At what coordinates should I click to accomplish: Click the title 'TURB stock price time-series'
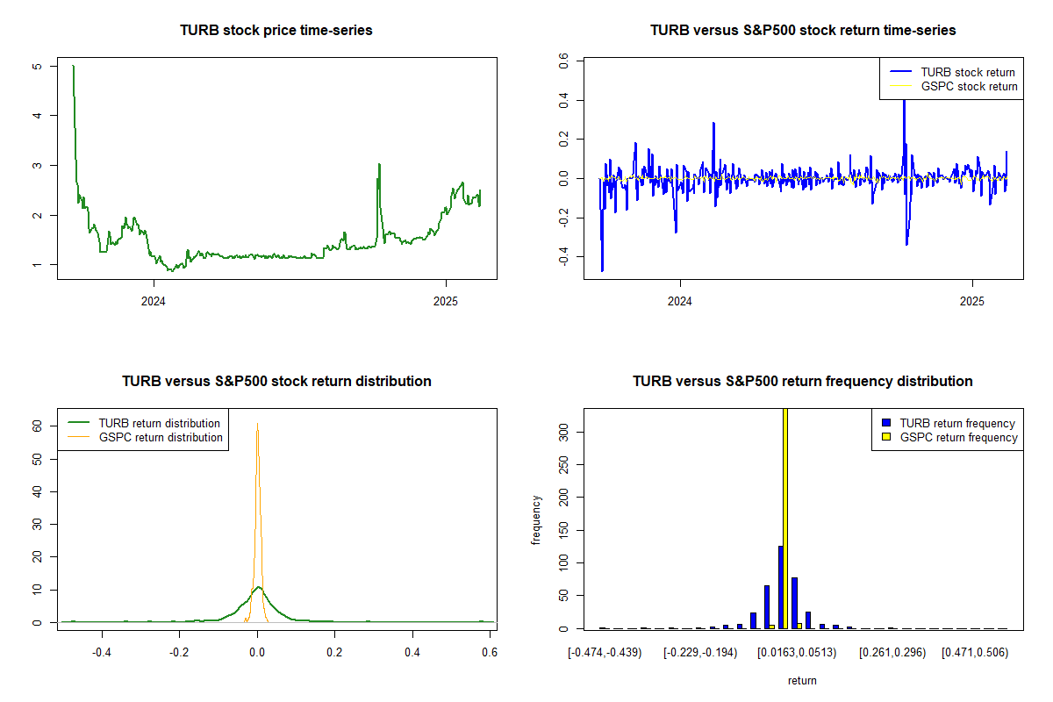pos(276,31)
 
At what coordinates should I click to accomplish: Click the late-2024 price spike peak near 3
pos(379,164)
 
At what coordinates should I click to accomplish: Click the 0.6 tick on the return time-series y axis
pos(566,62)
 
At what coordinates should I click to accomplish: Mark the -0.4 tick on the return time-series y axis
pos(564,256)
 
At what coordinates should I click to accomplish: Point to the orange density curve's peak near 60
pos(257,424)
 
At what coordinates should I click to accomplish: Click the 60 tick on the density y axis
pos(39,425)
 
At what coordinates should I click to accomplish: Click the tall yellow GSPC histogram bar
pos(784,518)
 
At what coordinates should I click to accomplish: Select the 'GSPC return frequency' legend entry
pos(957,437)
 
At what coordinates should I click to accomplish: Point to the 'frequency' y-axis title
pos(537,519)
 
